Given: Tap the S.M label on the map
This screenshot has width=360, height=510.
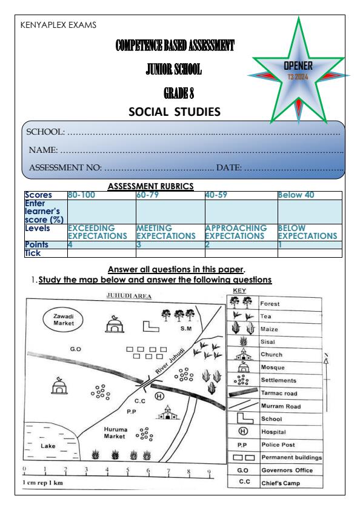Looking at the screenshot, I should click(186, 328).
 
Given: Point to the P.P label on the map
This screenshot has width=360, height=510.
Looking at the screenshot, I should click(130, 410).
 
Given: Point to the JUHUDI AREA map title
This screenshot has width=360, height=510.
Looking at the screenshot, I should click(124, 297).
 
